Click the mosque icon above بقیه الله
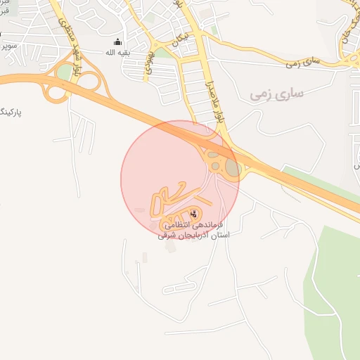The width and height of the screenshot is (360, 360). (x=117, y=41)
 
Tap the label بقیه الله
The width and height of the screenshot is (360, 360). (x=117, y=53)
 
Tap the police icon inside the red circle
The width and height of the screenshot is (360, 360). (x=193, y=214)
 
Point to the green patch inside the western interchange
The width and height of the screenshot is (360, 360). (x=65, y=72)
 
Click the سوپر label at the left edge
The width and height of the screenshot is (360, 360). (x=7, y=45)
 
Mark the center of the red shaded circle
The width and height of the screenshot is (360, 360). (x=180, y=180)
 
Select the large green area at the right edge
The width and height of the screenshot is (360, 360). (x=334, y=281)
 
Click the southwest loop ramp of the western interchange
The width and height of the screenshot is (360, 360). (x=55, y=91)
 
